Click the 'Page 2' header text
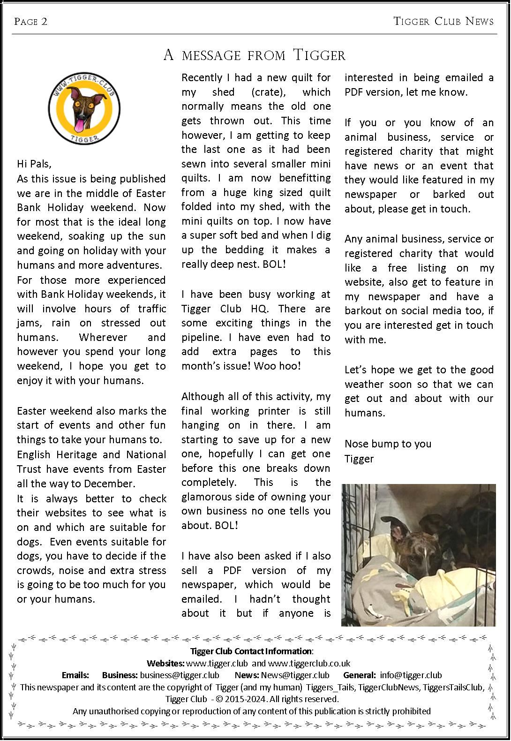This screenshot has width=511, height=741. (31, 22)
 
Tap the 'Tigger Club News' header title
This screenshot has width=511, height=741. (443, 22)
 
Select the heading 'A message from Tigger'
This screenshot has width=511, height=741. (255, 55)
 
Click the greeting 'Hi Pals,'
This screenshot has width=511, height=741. (34, 164)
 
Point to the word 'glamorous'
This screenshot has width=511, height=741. (207, 497)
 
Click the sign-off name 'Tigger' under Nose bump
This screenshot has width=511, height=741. (359, 458)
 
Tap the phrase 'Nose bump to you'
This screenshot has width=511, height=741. (388, 444)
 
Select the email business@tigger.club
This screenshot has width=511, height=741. (180, 675)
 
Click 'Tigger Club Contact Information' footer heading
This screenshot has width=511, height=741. (251, 651)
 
